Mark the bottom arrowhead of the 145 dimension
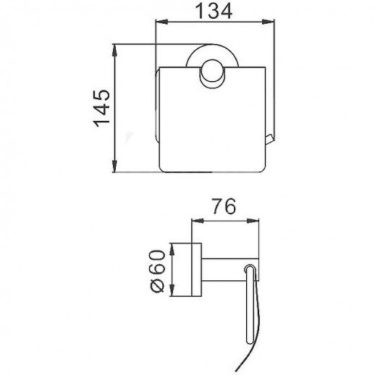(117, 169)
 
